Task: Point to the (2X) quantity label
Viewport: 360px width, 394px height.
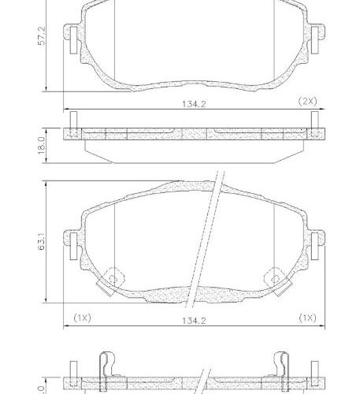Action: tap(307, 102)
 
